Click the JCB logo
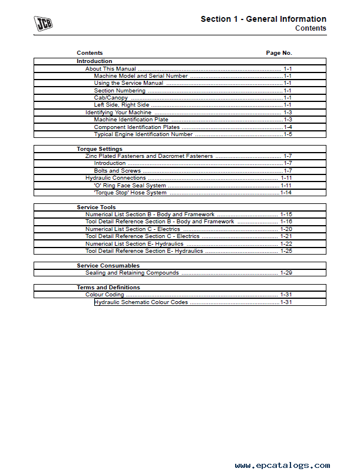pos(44,23)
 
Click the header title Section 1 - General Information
pos(263,19)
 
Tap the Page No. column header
pos(279,53)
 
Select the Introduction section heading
pos(94,61)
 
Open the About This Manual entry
pos(111,69)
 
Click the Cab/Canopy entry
pos(111,98)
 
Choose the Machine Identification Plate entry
pos(131,120)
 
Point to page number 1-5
pos(288,134)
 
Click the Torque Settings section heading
pos(100,149)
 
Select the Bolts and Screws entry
pos(117,171)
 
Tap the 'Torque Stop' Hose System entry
pos(130,193)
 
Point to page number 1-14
pos(286,193)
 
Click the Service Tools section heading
pos(96,207)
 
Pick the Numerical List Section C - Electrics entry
pos(133,229)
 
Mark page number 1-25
pos(286,251)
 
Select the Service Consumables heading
pos(108,266)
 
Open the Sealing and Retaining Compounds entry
pos(132,273)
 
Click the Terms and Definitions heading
pos(108,288)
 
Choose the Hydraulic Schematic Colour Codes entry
pos(141,302)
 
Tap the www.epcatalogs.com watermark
pos(282,465)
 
